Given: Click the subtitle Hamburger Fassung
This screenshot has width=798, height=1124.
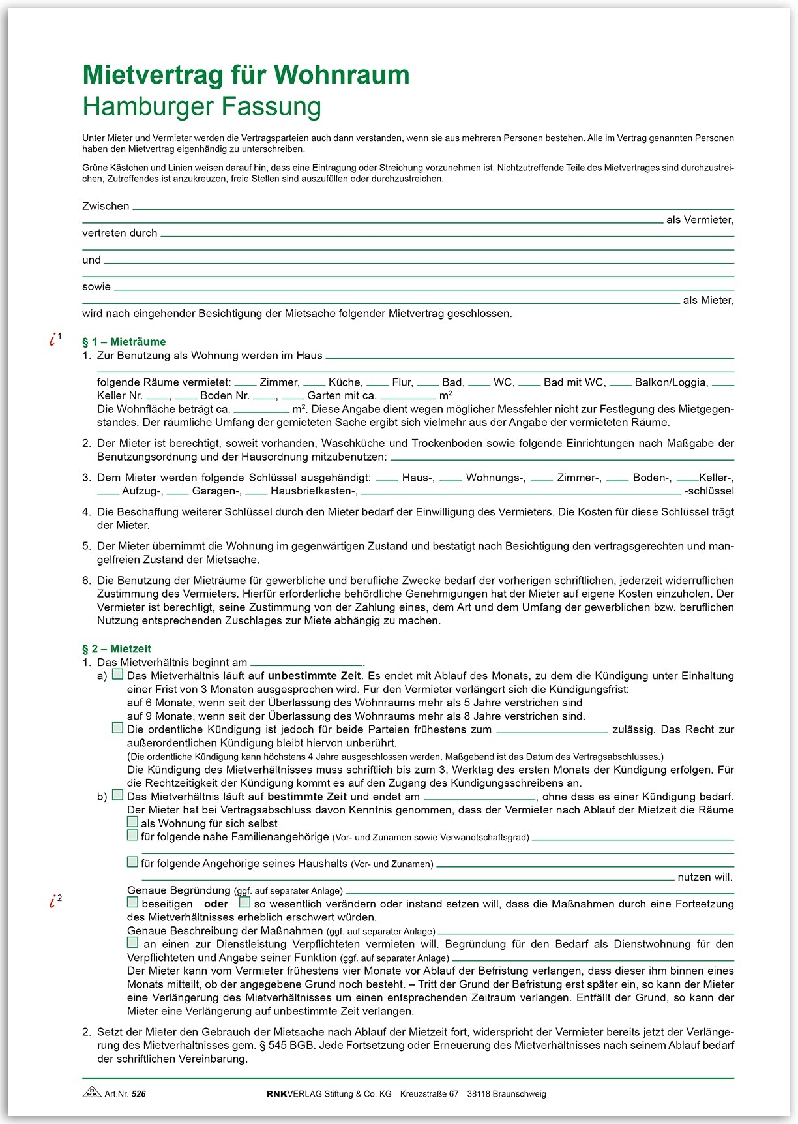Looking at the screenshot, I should coord(202,106).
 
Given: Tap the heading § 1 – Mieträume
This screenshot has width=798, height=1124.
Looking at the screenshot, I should coord(124,342).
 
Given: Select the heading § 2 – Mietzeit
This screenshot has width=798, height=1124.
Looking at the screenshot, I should coord(117,648).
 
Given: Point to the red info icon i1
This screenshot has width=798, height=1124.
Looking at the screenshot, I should coord(54,339).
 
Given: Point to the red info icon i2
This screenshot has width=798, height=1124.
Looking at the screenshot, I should coord(54,901).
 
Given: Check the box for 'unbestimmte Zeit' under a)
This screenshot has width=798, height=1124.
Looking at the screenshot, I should coord(117,675).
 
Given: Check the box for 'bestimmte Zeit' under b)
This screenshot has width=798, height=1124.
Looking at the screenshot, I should coord(117,795).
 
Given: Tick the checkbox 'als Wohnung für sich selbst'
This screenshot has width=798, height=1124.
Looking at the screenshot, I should coord(132,822).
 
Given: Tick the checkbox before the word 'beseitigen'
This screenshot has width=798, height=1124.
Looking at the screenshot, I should coord(132,903).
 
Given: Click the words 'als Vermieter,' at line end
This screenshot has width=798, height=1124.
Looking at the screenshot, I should coord(700,220).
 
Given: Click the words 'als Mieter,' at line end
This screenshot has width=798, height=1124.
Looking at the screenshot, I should coord(708,300).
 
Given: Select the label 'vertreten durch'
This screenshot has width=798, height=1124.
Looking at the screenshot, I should coord(120,233).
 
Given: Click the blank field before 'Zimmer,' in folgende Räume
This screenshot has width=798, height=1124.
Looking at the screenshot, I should coord(245,383).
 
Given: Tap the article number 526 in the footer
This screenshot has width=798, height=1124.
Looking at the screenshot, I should coord(138,1094).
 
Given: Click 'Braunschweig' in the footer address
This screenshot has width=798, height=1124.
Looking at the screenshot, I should coord(520,1094).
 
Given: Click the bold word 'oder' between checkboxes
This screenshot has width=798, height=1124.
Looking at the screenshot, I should coord(216,904).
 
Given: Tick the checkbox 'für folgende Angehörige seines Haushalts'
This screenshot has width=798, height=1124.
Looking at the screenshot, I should coord(132,862).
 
